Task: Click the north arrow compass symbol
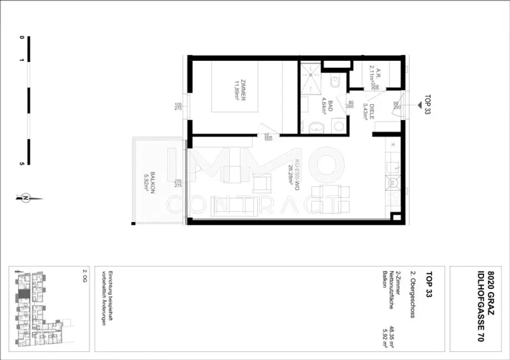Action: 25,198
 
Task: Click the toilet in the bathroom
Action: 335,79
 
